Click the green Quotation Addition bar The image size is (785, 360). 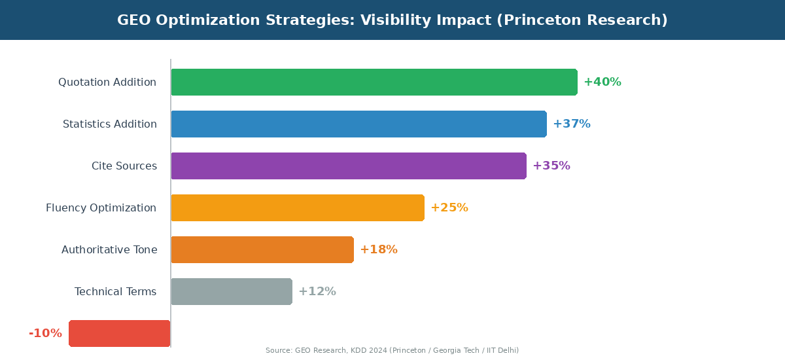[x=374, y=82]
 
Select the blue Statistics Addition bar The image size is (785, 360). [x=358, y=124]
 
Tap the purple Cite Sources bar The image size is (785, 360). [x=348, y=166]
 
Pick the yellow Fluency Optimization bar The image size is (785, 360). [x=297, y=207]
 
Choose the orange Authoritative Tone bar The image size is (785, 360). [x=262, y=249]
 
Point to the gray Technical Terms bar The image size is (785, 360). [x=231, y=291]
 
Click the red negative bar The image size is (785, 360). [x=119, y=333]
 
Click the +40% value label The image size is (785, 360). [x=602, y=82]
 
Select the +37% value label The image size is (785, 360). [x=571, y=124]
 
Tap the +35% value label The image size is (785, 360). [x=551, y=166]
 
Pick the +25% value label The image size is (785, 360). [x=449, y=207]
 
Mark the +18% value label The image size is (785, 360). [x=378, y=249]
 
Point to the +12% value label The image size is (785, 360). [x=317, y=291]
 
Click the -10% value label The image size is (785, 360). [x=45, y=333]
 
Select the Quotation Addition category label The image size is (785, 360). [x=107, y=82]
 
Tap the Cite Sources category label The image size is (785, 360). [x=124, y=166]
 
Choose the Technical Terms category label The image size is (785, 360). [x=115, y=291]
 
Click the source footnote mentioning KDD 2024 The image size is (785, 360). [x=392, y=351]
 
